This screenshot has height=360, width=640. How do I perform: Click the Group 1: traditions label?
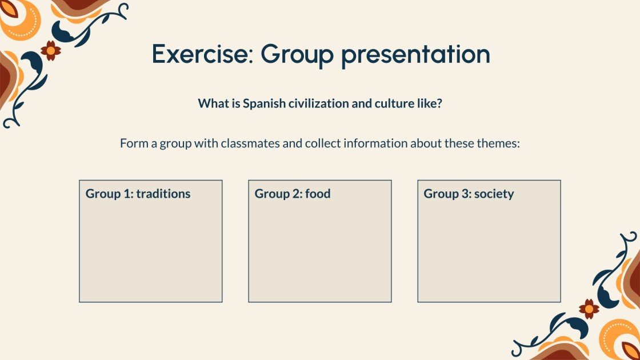(x=138, y=194)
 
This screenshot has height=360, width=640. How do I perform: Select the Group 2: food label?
(x=293, y=194)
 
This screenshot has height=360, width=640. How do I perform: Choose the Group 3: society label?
(x=469, y=194)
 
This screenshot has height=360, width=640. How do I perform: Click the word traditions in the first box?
(x=163, y=194)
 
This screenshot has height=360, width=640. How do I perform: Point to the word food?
(x=318, y=194)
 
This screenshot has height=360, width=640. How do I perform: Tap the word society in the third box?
(x=494, y=194)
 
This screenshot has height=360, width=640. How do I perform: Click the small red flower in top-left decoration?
(x=51, y=51)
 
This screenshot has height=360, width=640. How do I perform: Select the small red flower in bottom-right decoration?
(x=589, y=309)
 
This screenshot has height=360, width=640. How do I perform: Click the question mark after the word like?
(x=439, y=103)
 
